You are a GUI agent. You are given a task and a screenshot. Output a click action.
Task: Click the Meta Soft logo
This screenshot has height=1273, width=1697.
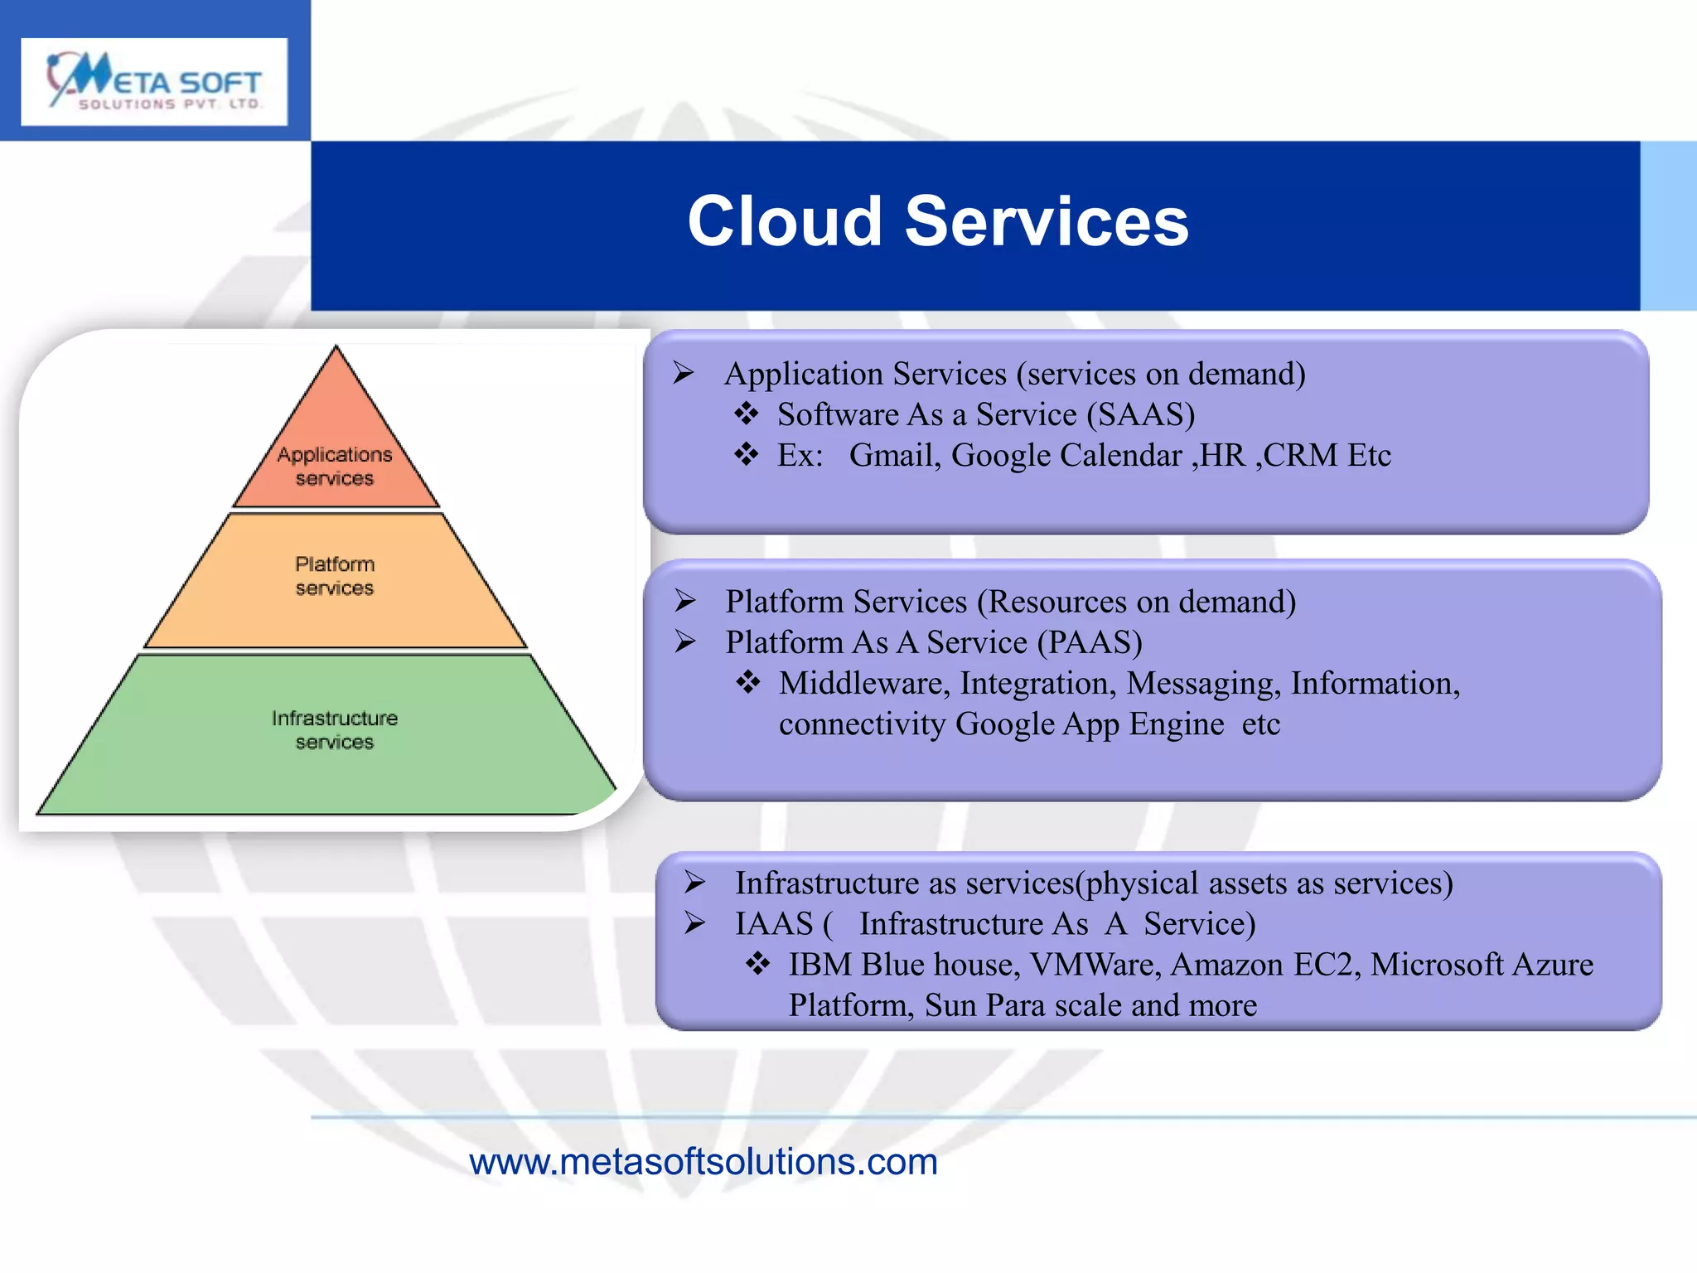[x=154, y=81]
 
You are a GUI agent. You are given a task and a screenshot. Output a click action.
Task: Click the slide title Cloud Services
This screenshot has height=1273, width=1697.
[x=937, y=221]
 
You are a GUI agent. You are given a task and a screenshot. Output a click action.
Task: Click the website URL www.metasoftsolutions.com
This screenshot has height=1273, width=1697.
[x=703, y=1162]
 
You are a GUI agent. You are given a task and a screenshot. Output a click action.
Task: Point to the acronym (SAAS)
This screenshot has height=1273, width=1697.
[x=1140, y=414]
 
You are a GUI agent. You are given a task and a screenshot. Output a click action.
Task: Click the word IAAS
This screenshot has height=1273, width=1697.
[x=774, y=923]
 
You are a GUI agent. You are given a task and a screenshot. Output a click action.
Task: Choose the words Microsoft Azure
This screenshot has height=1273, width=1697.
[x=1481, y=964]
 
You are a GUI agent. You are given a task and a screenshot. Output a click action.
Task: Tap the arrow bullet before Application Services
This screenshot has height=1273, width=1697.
[x=684, y=374]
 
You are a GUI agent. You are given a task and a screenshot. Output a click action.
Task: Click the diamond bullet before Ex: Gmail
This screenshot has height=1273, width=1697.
[x=746, y=454]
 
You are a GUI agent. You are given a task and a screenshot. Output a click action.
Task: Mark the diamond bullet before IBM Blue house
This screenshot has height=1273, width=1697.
[x=757, y=963]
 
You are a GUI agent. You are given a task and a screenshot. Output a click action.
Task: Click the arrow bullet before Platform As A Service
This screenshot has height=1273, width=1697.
[x=685, y=641]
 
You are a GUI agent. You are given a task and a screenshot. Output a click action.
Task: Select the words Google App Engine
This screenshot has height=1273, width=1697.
[x=1090, y=724]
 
